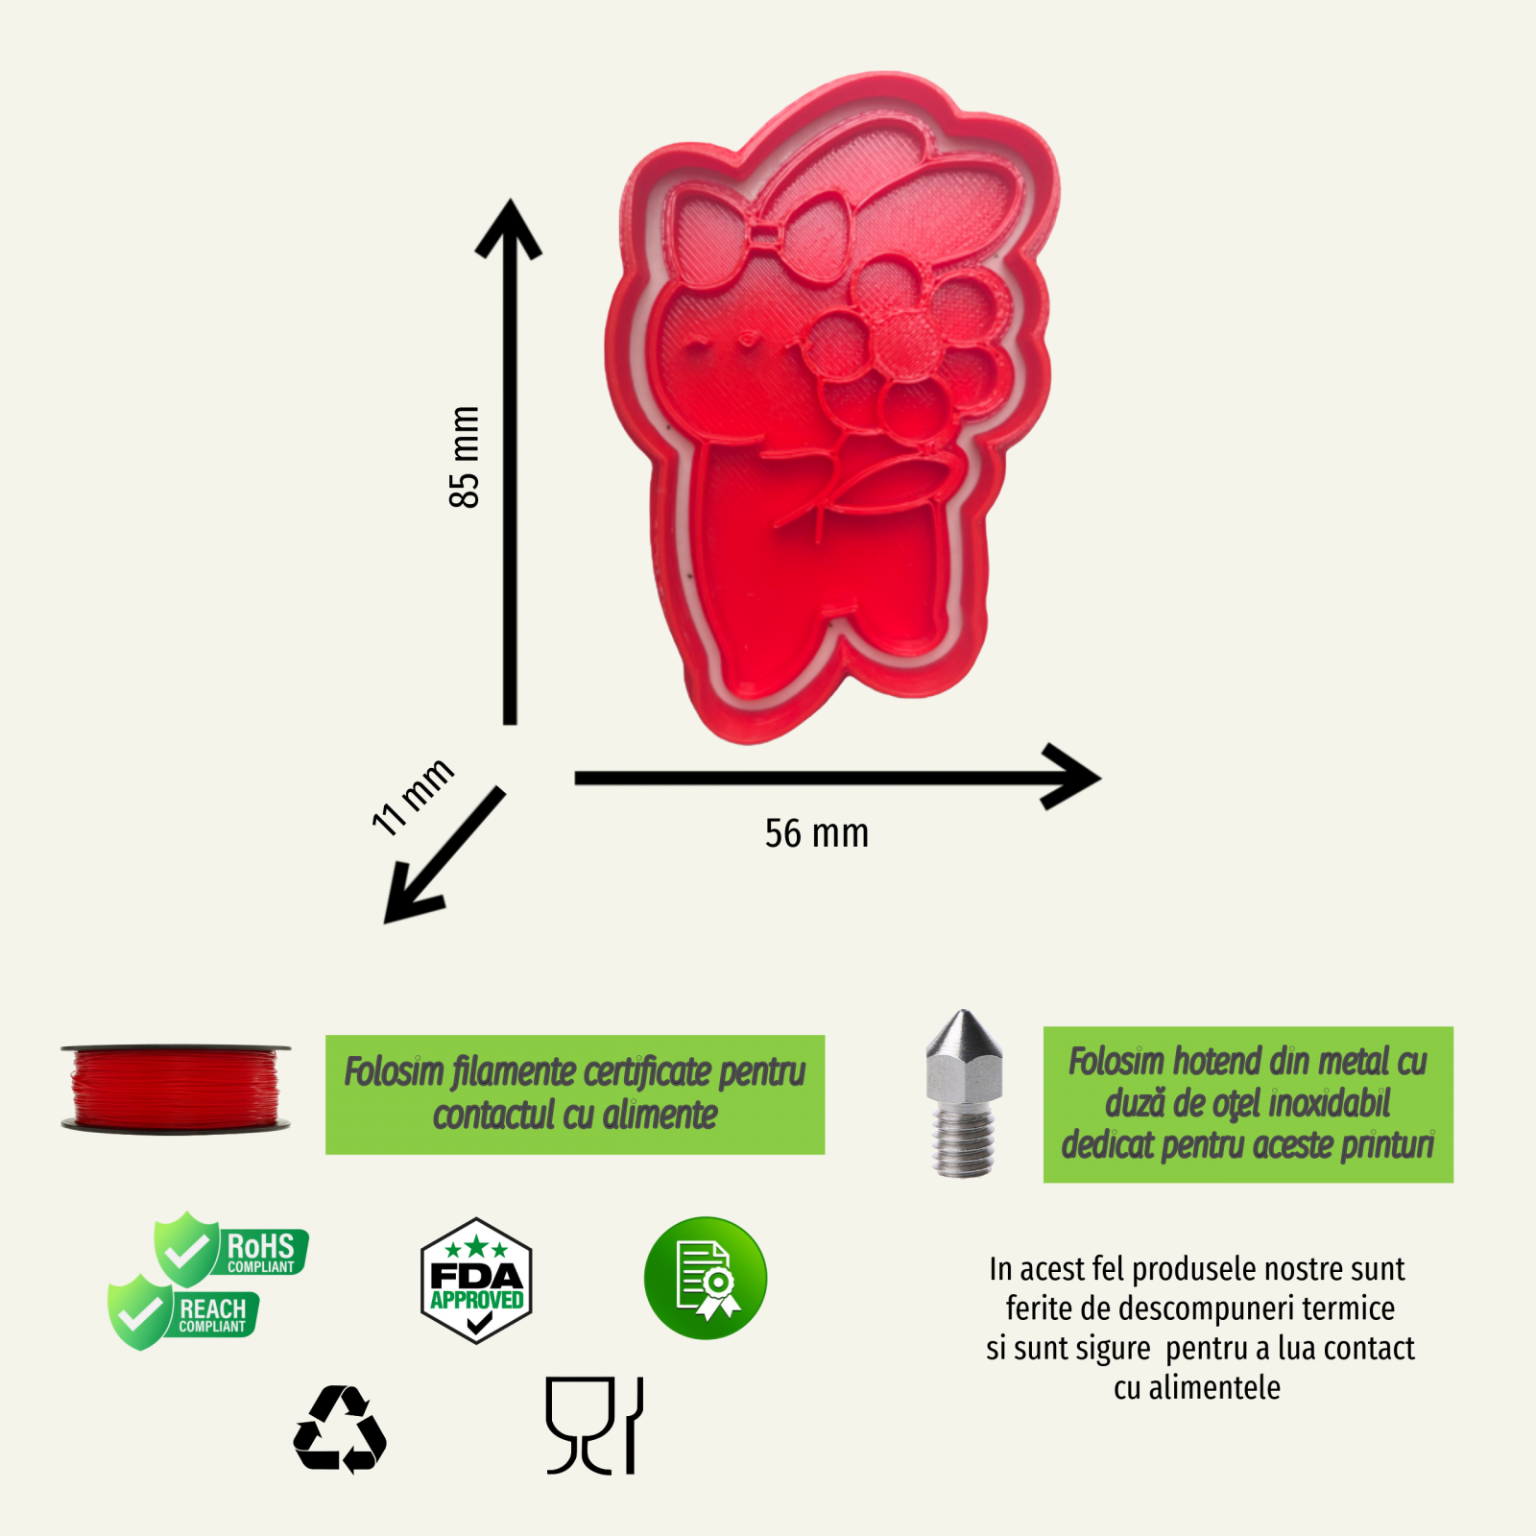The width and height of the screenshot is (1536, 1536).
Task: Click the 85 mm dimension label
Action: coord(465,457)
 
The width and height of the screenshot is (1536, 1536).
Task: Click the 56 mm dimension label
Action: coord(817,833)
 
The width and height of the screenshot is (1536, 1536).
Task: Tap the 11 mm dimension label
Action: coord(413,797)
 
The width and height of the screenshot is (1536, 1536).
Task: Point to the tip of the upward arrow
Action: coord(511,200)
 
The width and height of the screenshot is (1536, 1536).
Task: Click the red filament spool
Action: coord(176,1089)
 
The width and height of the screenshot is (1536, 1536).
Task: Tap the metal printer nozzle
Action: coord(964,1093)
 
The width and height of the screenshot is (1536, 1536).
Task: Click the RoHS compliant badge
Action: coord(231,1248)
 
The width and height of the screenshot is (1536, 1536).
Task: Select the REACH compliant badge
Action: coord(183,1312)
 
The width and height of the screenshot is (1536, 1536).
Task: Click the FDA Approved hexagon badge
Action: coord(476,1281)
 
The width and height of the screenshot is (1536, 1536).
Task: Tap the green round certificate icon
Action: coord(706,1278)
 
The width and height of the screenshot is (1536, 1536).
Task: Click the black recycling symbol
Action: coord(340,1429)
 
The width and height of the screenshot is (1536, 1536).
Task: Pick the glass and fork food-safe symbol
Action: coord(594,1426)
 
